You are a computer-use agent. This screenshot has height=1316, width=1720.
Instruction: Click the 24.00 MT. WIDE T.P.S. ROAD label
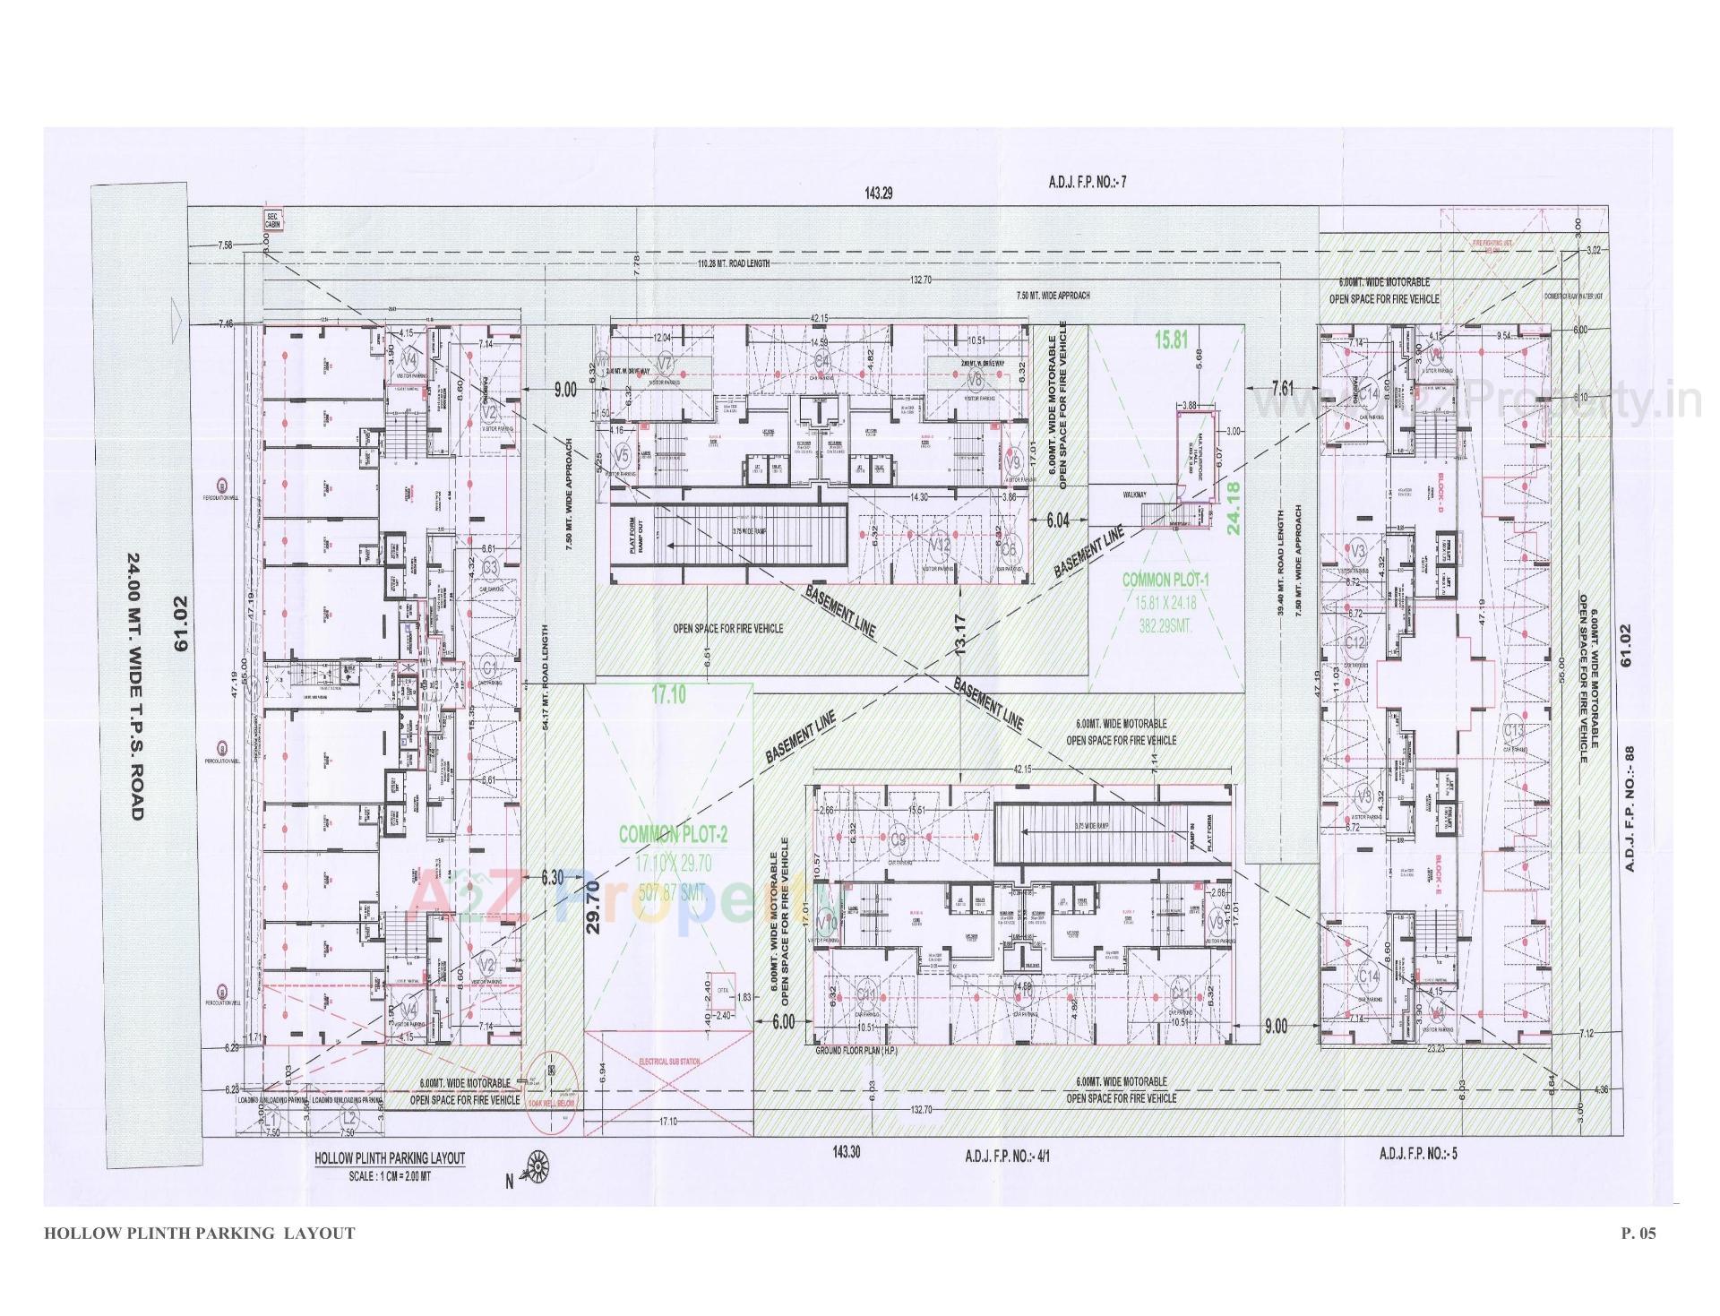pos(136,686)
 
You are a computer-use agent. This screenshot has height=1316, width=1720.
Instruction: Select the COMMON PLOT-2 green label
pos(674,835)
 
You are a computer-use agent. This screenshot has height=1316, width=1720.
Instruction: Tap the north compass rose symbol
pos(537,1165)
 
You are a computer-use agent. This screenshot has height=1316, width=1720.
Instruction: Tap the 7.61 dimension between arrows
pos(1282,388)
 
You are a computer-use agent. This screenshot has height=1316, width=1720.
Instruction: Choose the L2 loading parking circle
pos(348,1118)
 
